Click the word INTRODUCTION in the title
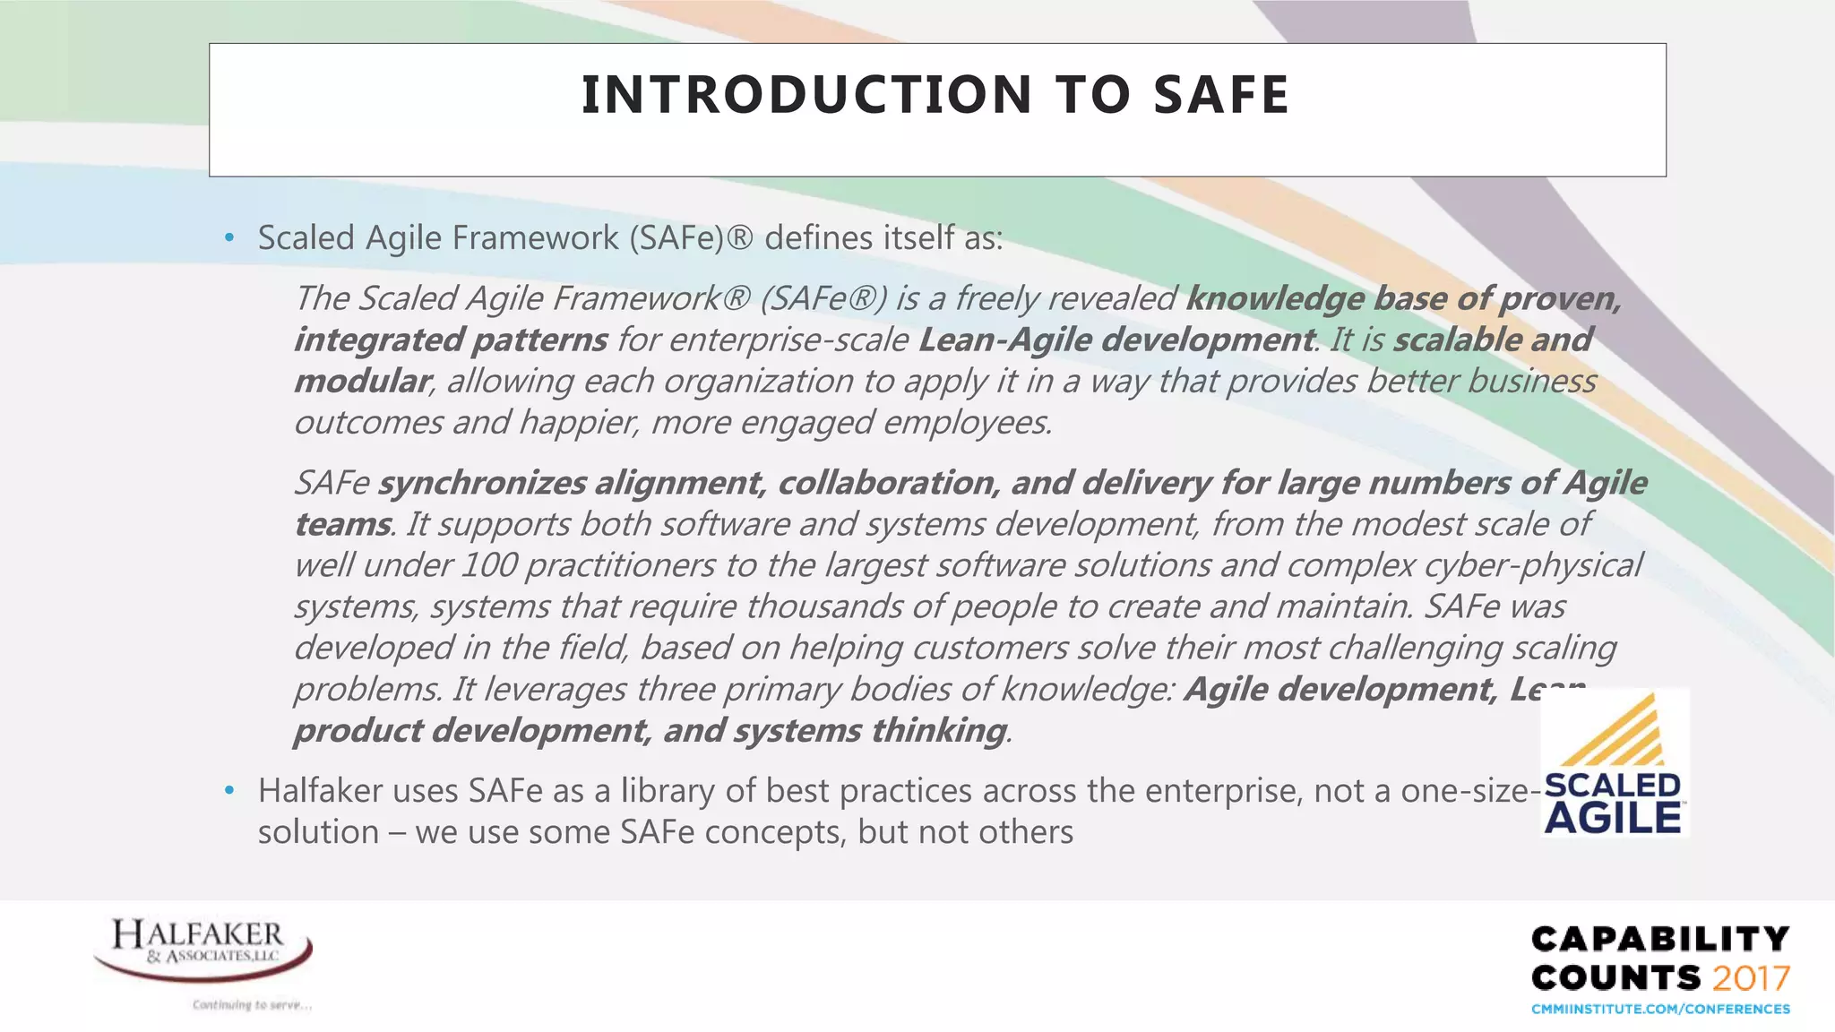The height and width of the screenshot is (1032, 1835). (806, 95)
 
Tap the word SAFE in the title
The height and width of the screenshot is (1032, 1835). (1220, 95)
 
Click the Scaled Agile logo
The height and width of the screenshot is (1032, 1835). (1614, 762)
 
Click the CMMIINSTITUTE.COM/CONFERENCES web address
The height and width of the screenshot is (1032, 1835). (1660, 1010)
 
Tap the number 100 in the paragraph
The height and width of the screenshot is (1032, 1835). (488, 565)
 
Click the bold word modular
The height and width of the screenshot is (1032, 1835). (362, 381)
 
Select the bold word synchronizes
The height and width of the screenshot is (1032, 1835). (481, 483)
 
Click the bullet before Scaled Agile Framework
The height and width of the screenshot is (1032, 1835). (229, 238)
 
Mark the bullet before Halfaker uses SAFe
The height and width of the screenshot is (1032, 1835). (229, 791)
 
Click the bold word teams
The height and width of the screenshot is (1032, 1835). (341, 524)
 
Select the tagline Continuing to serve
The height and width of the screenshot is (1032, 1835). (252, 1005)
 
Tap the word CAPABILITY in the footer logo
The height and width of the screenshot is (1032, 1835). (1659, 939)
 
